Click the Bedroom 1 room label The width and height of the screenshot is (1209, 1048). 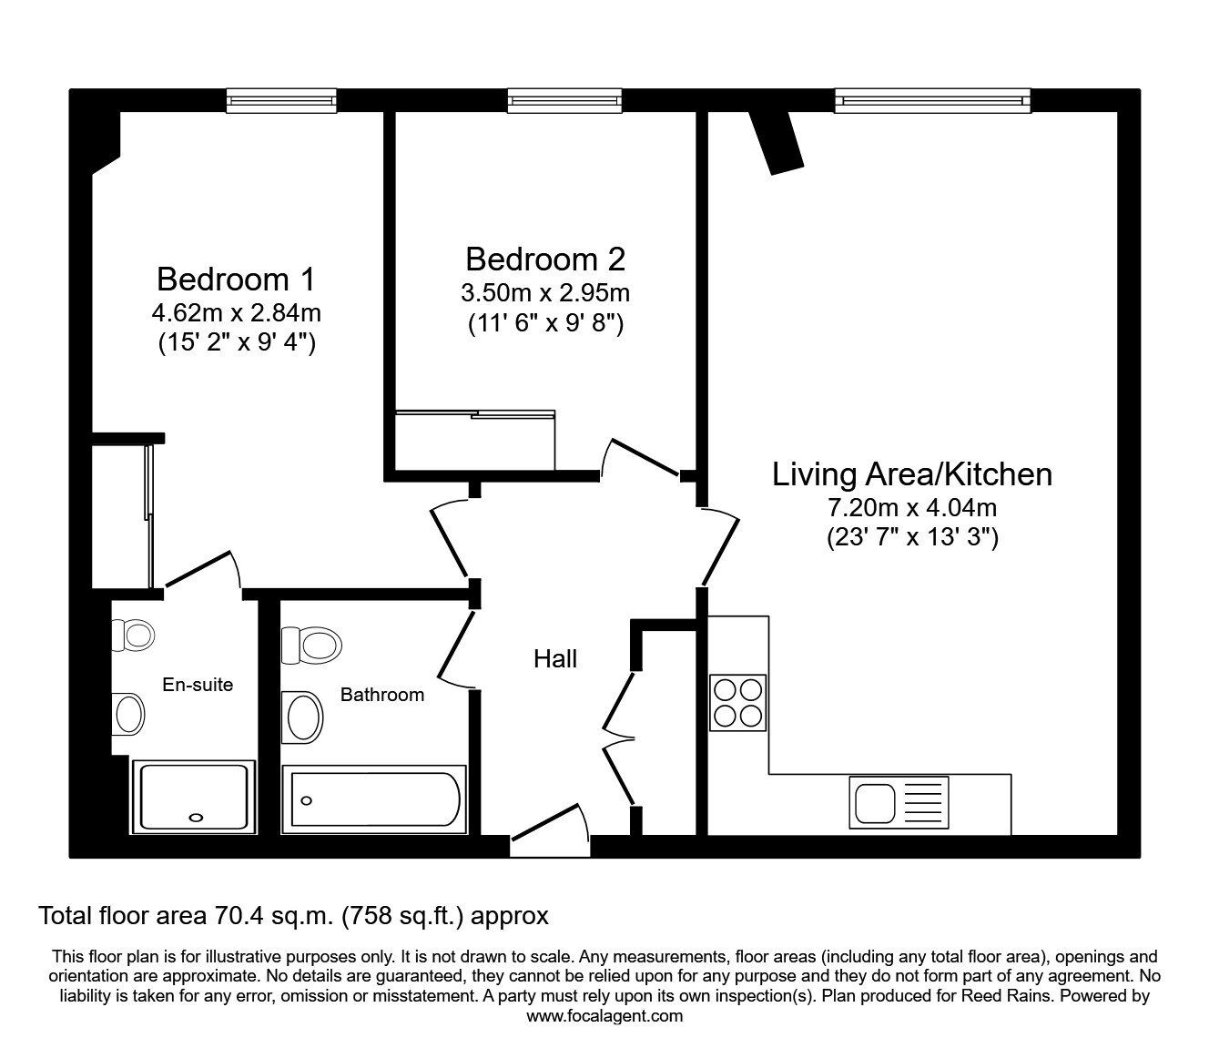(x=237, y=280)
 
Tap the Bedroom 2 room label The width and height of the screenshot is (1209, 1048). (x=545, y=259)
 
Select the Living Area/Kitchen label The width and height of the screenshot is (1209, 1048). (x=912, y=474)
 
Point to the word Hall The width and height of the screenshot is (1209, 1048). (x=555, y=659)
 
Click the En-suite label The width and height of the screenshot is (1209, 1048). (x=198, y=685)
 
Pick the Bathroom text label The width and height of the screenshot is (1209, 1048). (x=382, y=695)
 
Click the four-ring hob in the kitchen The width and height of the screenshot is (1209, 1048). (x=737, y=703)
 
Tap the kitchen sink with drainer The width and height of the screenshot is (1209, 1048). (x=899, y=802)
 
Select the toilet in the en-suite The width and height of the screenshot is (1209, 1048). (x=133, y=635)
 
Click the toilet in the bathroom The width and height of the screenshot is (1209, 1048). (x=311, y=646)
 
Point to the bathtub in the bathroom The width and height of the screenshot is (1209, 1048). (x=374, y=799)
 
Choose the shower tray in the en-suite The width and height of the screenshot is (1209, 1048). (x=194, y=797)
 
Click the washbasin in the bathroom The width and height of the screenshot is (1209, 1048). (x=302, y=717)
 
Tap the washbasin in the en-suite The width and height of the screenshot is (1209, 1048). (x=128, y=714)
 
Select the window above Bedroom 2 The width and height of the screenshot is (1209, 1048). (x=564, y=101)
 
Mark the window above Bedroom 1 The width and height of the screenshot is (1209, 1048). (x=282, y=101)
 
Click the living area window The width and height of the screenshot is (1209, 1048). (x=933, y=101)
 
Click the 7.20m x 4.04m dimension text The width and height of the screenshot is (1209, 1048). (x=912, y=507)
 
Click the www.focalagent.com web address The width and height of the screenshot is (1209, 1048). (x=604, y=1016)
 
